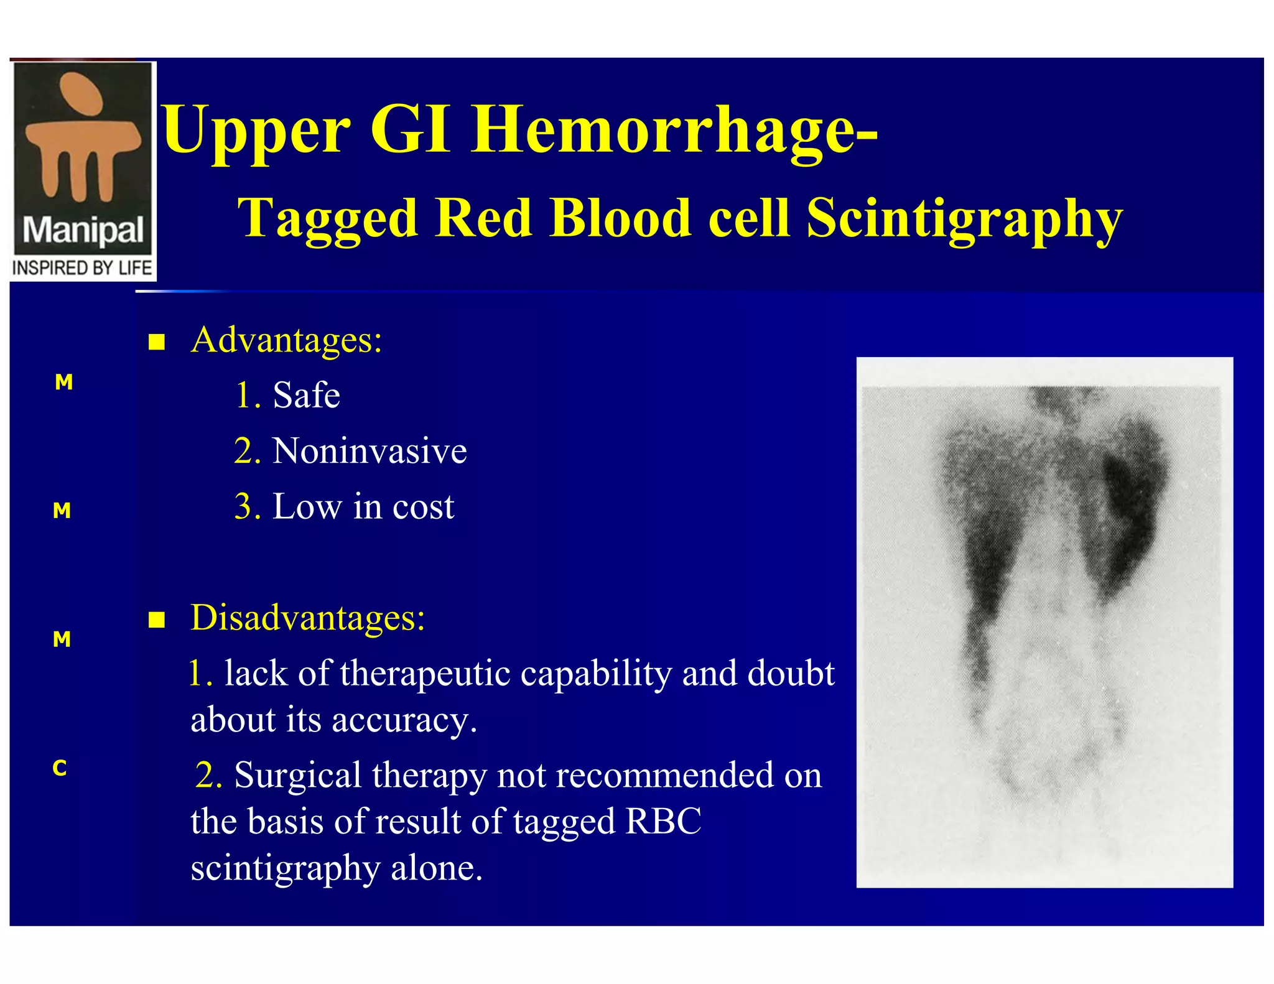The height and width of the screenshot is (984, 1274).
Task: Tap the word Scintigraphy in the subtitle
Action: [x=964, y=218]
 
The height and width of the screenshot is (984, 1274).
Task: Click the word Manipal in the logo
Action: [x=83, y=230]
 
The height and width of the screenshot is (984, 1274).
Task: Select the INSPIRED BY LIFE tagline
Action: [x=82, y=268]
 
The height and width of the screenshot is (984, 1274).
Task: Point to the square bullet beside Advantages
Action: [x=157, y=342]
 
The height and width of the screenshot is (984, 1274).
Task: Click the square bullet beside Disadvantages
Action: [x=157, y=620]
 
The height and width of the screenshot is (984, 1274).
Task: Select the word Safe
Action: [x=306, y=396]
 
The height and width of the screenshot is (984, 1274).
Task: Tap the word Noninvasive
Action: [x=370, y=451]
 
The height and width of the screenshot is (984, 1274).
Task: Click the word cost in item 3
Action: [x=423, y=506]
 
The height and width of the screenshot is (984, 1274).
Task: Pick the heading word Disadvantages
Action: [x=307, y=618]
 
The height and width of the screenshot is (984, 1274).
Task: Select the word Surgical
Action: [x=297, y=776]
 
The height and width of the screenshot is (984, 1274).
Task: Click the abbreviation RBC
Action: [x=663, y=822]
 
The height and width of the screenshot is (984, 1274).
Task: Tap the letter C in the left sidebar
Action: [x=60, y=768]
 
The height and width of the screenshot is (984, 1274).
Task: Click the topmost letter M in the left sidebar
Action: [x=63, y=382]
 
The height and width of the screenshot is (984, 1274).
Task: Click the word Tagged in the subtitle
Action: [x=327, y=218]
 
